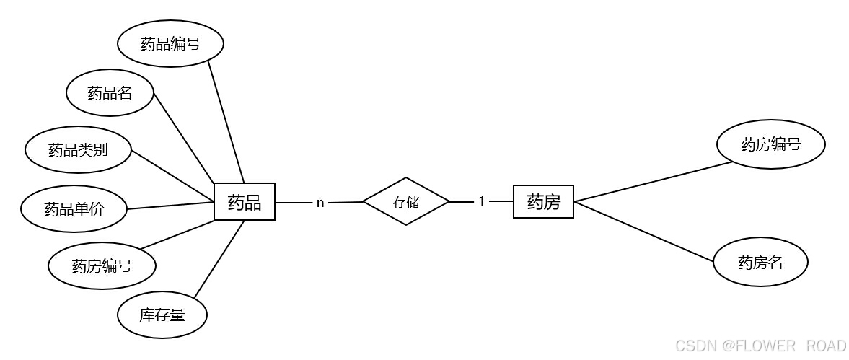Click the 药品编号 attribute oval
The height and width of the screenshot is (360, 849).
pos(170,44)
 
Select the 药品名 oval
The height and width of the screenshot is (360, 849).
pos(110,92)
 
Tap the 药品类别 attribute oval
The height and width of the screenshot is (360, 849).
pos(78,150)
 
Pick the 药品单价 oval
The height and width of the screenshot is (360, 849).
pos(74,209)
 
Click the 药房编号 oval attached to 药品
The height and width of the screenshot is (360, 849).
pos(102,265)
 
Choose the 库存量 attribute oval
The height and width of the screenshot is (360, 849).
pos(162,315)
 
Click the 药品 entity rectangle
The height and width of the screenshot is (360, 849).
pos(245,202)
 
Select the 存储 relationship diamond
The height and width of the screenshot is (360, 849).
pos(406,201)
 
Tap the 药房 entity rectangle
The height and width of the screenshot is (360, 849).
pos(543,201)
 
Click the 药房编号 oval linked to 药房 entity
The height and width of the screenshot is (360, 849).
pos(770,144)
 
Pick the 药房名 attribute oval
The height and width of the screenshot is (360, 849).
pos(760,263)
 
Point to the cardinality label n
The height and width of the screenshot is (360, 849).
pos(320,203)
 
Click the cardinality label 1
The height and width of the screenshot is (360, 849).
pos(482,202)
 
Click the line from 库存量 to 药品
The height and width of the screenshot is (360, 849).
pos(219,259)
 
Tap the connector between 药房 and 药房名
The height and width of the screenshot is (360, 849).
pos(644,232)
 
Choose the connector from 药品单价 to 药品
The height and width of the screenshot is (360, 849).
pos(170,206)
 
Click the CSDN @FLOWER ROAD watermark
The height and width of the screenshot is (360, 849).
pos(760,346)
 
